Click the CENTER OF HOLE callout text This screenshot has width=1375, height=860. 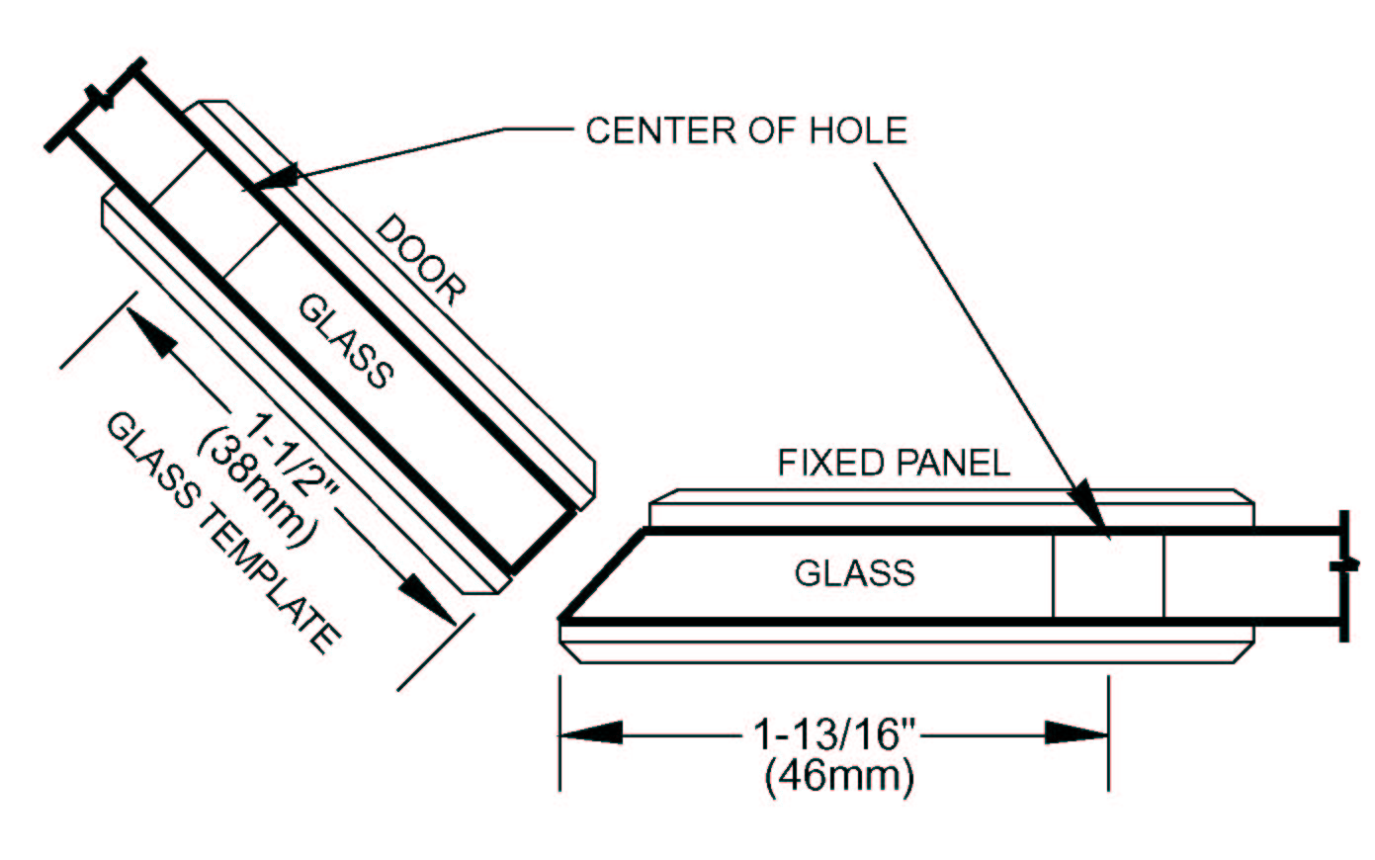click(x=746, y=130)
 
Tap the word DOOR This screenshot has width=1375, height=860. click(x=421, y=259)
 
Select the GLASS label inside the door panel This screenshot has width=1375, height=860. click(x=346, y=341)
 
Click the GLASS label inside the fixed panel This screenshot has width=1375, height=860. click(x=855, y=573)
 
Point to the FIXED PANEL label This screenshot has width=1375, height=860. click(x=894, y=463)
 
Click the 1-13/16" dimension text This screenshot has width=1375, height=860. click(x=835, y=734)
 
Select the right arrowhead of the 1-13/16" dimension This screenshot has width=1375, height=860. click(x=1076, y=733)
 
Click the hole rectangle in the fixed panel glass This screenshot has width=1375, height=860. click(x=1108, y=575)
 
